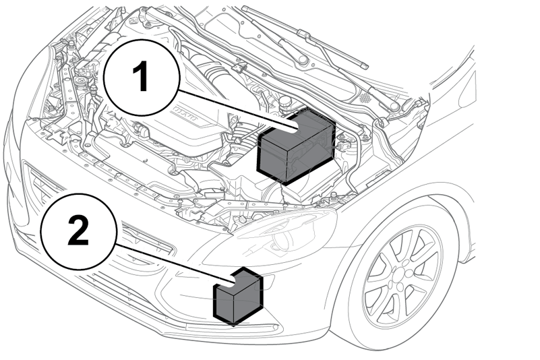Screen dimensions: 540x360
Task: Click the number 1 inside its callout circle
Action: pyautogui.click(x=141, y=76)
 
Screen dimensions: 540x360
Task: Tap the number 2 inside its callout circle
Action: pyautogui.click(x=78, y=229)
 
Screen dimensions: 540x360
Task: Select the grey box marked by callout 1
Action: pyautogui.click(x=296, y=146)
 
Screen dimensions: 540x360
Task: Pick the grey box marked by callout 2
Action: pyautogui.click(x=238, y=296)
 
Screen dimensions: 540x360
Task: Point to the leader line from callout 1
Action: pyautogui.click(x=237, y=111)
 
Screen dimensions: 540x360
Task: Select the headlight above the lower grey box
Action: pyautogui.click(x=272, y=234)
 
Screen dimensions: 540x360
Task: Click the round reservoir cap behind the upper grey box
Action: pyautogui.click(x=285, y=101)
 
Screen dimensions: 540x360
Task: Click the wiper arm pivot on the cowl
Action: pyautogui.click(x=303, y=59)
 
